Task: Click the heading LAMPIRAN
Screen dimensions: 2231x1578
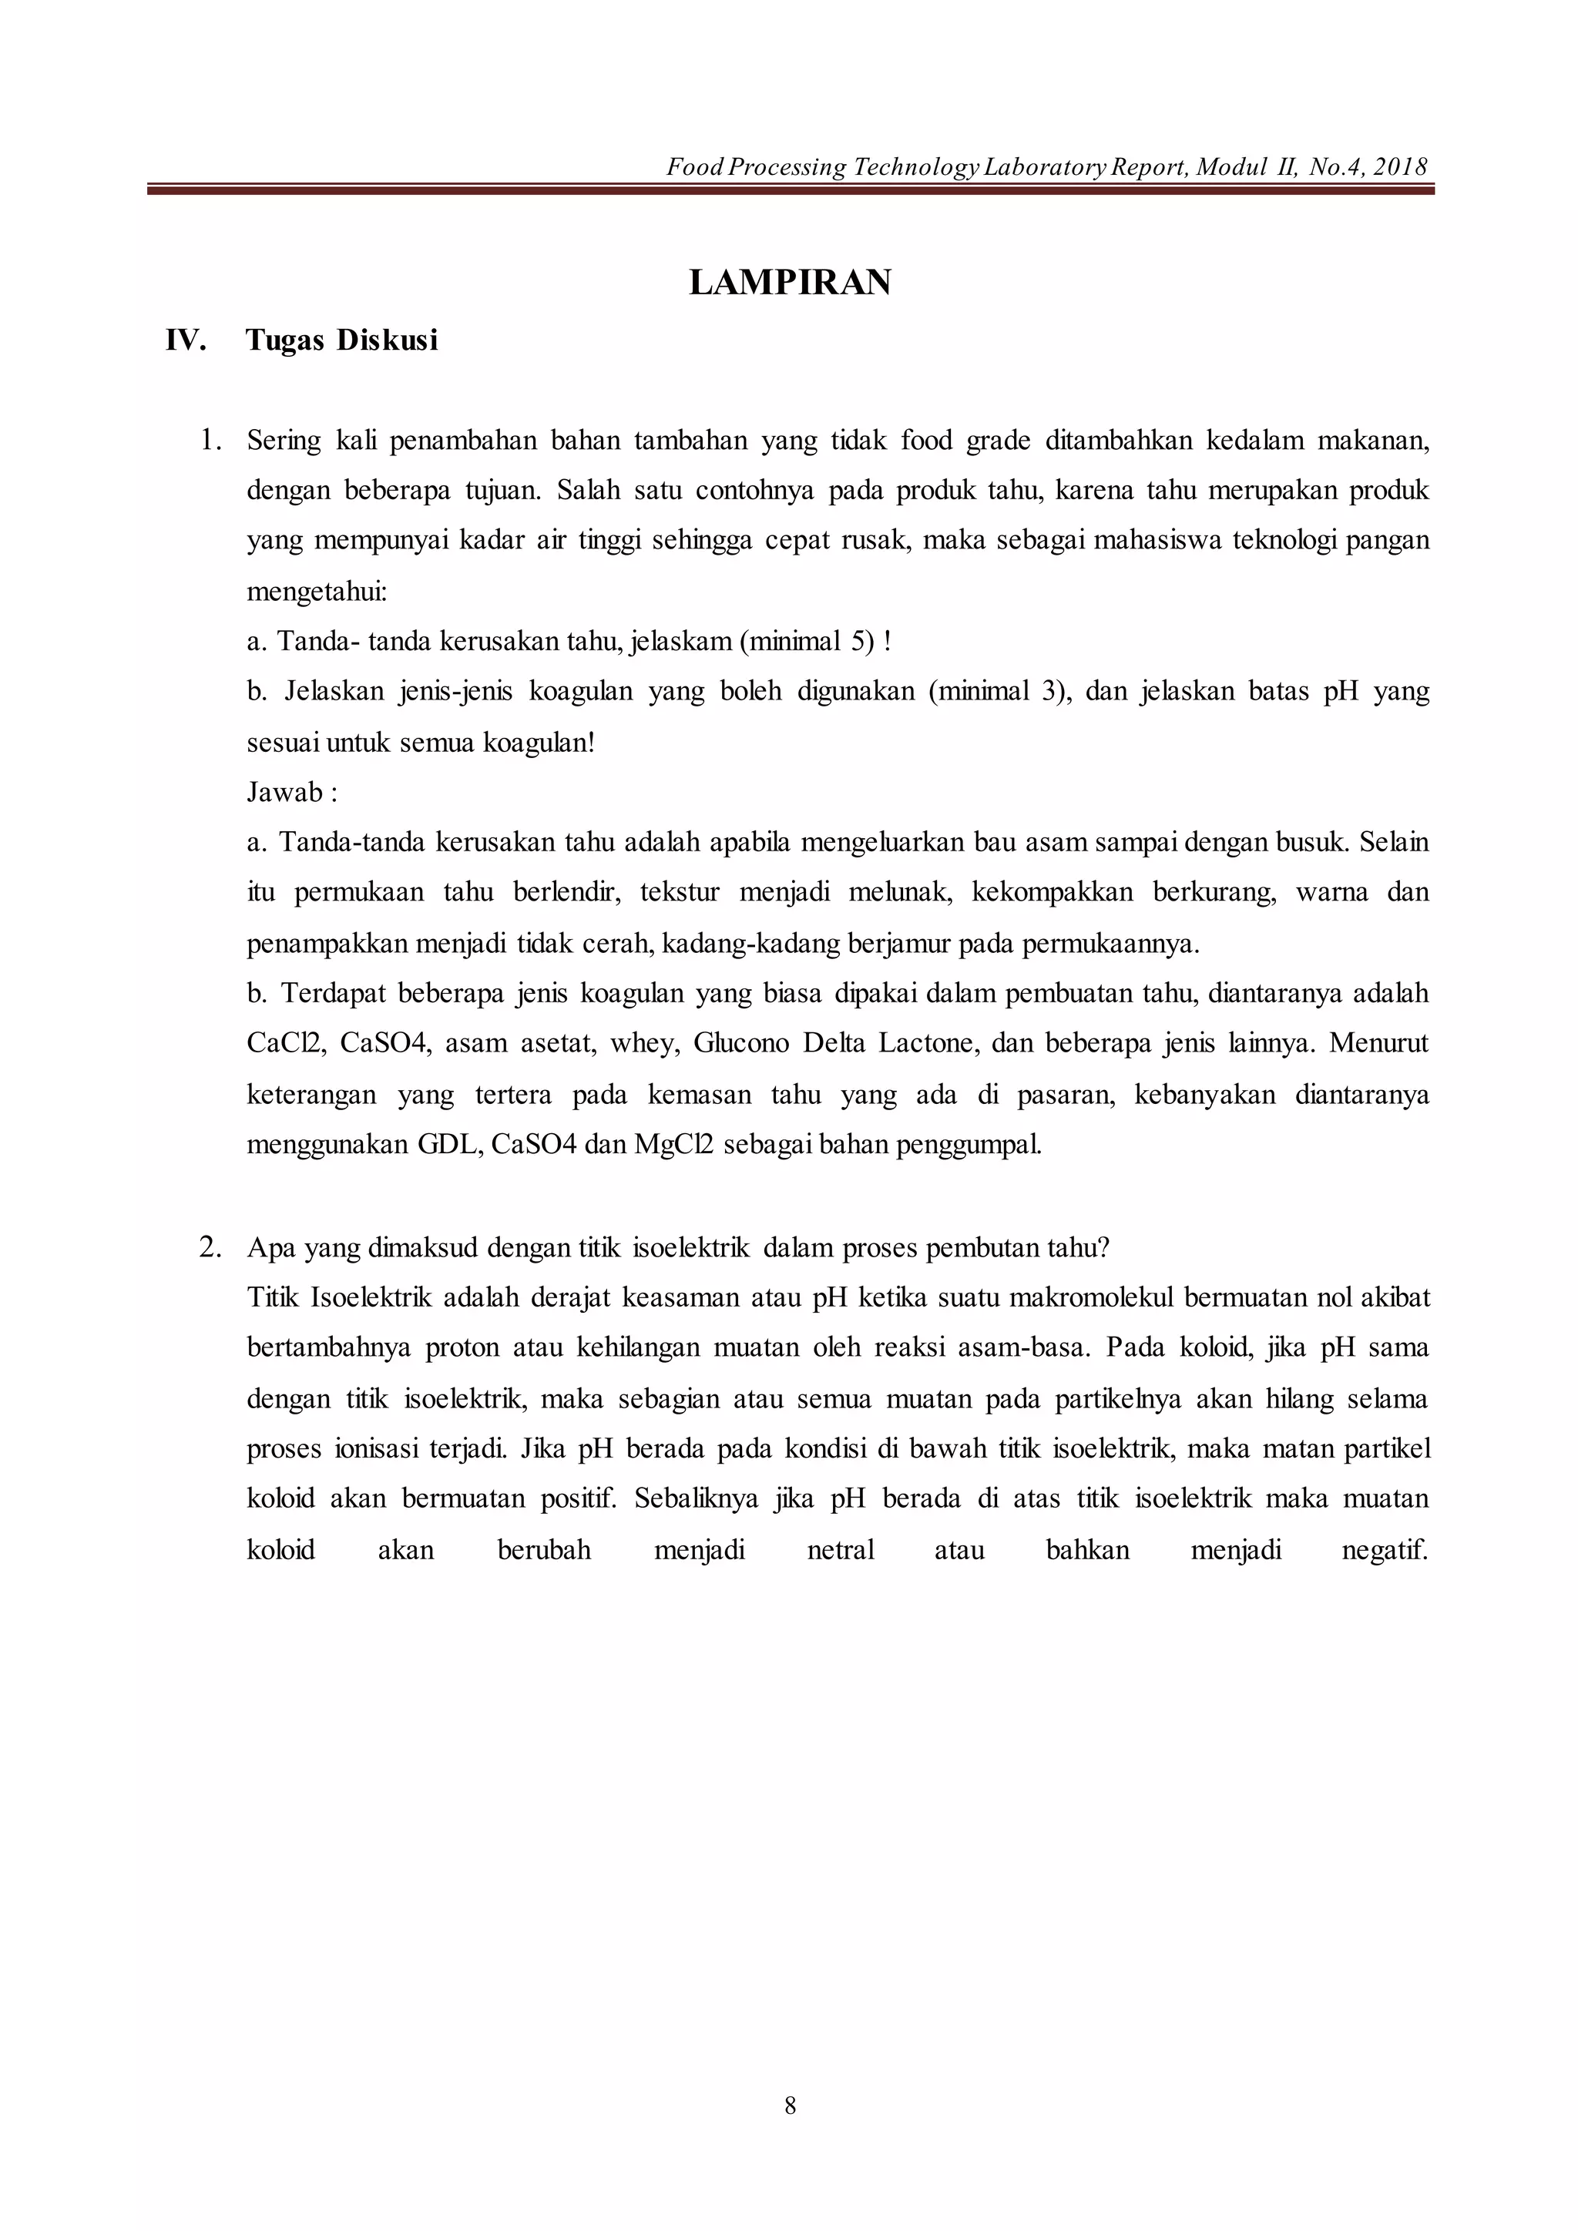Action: click(789, 283)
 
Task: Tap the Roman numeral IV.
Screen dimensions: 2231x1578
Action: click(186, 341)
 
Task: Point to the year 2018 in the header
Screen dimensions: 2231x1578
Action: click(1401, 167)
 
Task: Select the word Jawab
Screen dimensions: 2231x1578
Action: click(284, 793)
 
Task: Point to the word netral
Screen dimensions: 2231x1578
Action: click(841, 1550)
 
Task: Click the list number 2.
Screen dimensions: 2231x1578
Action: click(210, 1248)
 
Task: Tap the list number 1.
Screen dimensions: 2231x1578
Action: click(210, 441)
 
